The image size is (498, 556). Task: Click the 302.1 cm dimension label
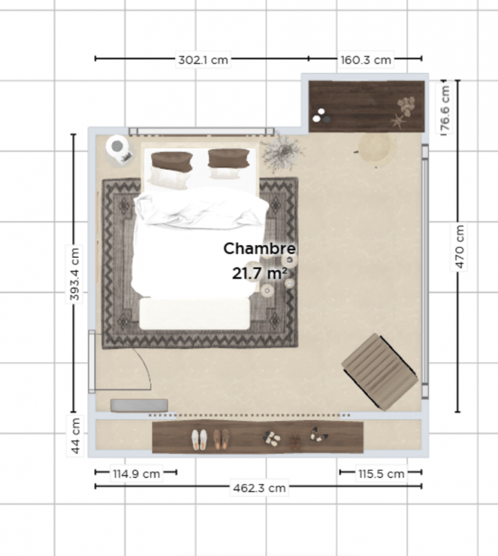203,60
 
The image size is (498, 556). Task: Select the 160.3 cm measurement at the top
366,60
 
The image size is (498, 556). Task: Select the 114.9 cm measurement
136,474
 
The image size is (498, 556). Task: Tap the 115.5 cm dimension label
381,474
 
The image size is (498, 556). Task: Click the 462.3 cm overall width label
258,487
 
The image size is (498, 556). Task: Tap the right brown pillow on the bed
228,158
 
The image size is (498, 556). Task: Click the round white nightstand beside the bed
117,147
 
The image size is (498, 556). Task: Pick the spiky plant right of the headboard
282,152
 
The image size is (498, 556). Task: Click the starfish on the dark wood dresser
398,122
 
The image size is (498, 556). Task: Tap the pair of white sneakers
199,439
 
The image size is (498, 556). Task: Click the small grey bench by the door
139,405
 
